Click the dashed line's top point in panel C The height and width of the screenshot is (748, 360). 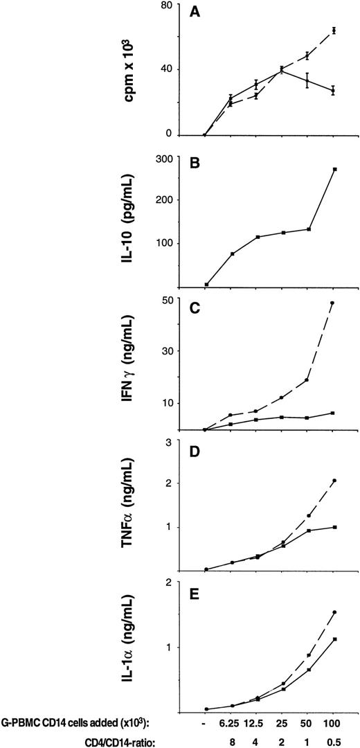(333, 303)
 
